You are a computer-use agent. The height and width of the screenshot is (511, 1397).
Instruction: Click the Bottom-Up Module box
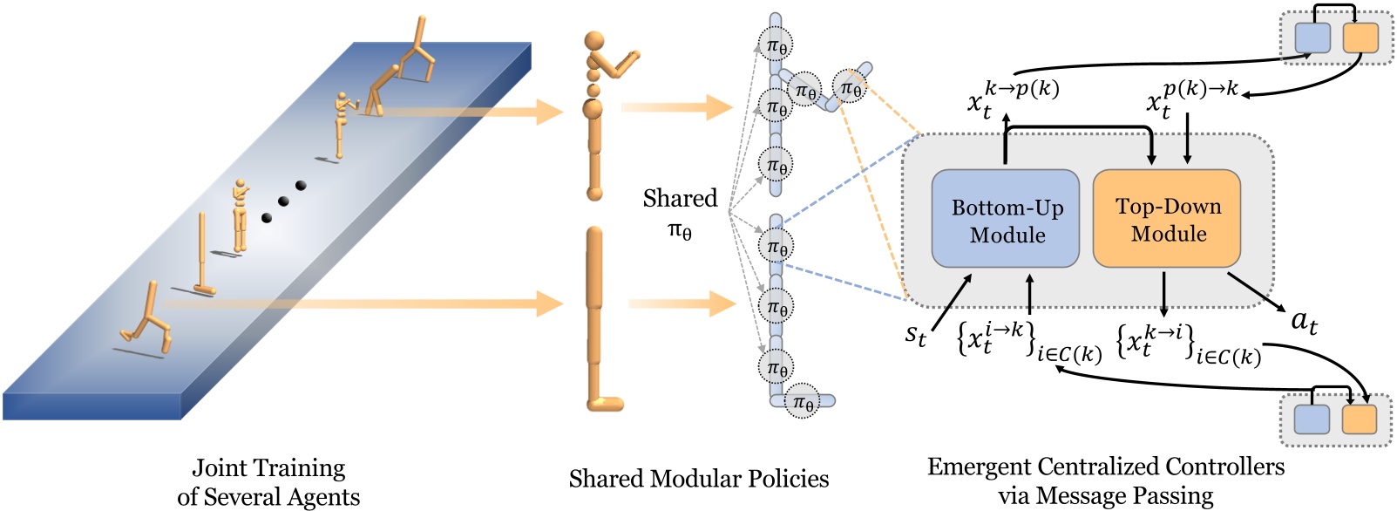point(1006,219)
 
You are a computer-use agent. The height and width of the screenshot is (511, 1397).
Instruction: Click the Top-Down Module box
point(1167,219)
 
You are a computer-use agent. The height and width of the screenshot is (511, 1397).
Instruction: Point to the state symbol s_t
point(915,333)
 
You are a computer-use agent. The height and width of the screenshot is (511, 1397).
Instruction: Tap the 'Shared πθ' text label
point(680,214)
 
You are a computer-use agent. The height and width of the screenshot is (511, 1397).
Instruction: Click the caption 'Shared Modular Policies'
point(698,479)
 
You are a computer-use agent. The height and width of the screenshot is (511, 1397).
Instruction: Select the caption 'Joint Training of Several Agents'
point(268,482)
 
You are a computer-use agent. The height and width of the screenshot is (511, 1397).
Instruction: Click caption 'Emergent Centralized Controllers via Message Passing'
point(1105,480)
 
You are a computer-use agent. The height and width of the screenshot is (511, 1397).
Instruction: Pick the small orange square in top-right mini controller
point(1360,38)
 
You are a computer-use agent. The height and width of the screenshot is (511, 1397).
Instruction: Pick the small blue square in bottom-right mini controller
point(1312,419)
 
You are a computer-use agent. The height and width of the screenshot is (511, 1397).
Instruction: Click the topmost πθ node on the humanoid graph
point(776,45)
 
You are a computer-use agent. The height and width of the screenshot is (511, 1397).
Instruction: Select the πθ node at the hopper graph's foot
point(803,402)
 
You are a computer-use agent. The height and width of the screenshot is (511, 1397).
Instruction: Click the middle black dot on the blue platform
point(284,201)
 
